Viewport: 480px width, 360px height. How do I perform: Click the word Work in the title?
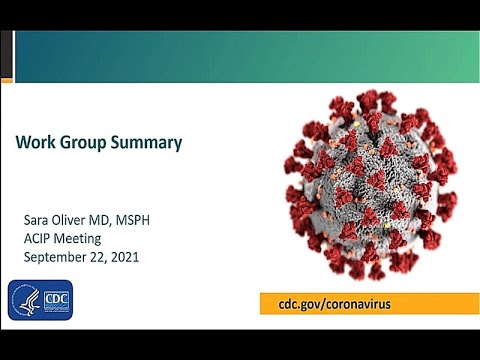tap(35, 143)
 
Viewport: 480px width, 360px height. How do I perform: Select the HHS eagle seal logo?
tap(24, 300)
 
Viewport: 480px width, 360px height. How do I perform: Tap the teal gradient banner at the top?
tap(250, 55)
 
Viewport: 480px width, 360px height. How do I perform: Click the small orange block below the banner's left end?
tap(7, 79)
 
